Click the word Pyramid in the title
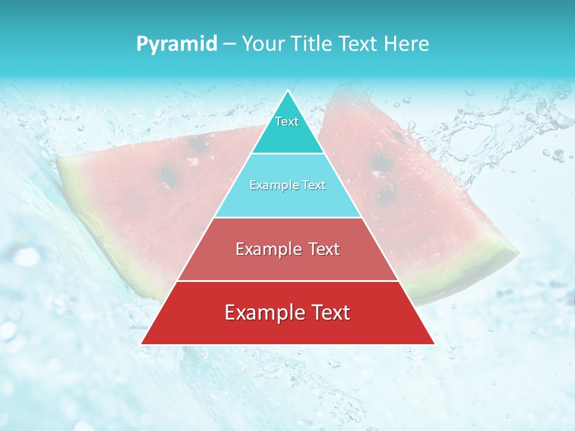177,44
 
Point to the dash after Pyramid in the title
229,44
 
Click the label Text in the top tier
287,122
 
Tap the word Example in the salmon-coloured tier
268,249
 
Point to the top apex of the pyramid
288,90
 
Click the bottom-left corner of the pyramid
141,344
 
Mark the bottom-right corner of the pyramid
434,344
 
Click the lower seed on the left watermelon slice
169,175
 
